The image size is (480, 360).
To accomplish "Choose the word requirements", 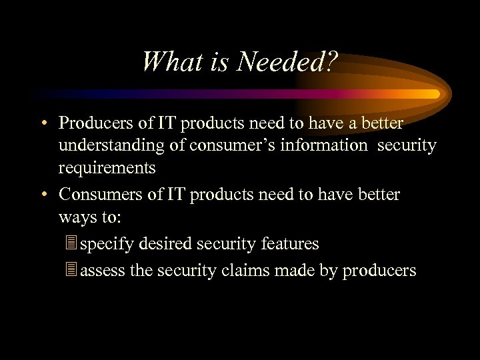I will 107,168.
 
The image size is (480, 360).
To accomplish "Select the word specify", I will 107,244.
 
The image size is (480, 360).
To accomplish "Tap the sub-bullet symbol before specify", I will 73,244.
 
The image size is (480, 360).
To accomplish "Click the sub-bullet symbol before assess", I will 73,270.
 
